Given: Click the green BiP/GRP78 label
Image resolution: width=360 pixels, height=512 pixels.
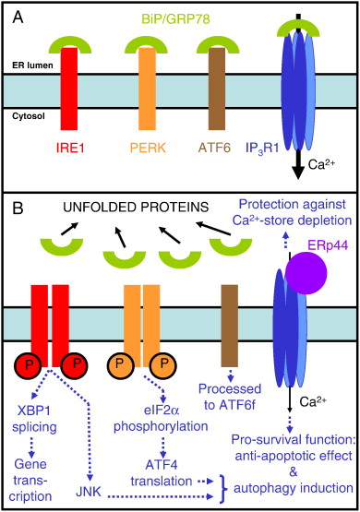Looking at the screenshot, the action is point(175,19).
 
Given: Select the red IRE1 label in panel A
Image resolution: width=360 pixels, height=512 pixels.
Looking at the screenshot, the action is point(70,149).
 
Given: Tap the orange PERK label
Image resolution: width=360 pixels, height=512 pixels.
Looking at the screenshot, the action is point(148,149).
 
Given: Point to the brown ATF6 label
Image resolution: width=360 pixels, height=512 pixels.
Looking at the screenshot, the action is point(215,149).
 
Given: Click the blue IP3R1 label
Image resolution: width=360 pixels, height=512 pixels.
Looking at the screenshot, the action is point(262,149).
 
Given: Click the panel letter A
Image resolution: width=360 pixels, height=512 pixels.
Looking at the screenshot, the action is point(18,17).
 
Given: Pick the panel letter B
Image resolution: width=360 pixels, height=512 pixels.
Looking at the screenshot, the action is point(18,208).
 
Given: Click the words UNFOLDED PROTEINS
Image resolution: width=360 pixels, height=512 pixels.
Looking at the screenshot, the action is point(136,208).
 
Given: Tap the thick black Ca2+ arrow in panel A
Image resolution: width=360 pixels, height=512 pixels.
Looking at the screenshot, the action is point(298,165).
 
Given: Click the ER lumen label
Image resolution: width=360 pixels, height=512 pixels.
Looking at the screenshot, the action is point(32,65).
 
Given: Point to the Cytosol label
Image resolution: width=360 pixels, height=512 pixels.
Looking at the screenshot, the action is point(29,116).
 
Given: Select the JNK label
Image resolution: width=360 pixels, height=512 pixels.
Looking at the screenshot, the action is point(89,492).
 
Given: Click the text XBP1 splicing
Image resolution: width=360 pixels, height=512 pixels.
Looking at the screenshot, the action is point(34,419).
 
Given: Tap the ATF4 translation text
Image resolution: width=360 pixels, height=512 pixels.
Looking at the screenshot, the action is point(162,473).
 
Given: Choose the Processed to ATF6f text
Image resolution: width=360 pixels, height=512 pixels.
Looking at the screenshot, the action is point(230,397).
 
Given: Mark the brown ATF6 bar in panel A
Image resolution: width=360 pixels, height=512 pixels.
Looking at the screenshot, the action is point(217,89).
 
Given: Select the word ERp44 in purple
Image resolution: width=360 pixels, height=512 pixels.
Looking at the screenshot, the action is point(323,245).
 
